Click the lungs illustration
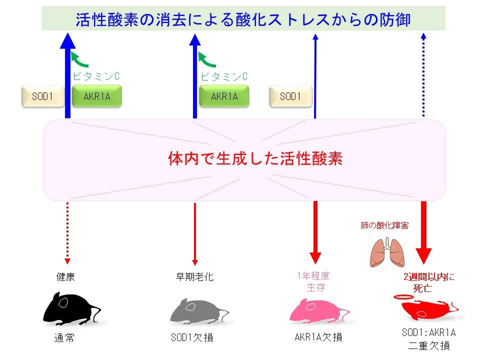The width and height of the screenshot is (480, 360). coord(385,252)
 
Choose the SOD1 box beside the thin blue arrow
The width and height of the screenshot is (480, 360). coord(290,96)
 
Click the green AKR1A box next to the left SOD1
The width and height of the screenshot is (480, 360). coord(97,96)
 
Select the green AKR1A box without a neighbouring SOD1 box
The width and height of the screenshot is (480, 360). coord(223,96)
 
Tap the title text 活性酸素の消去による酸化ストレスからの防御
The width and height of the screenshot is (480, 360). coord(243,19)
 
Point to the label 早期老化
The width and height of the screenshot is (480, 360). coord(194,277)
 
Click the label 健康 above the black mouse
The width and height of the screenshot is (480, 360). coord(65,277)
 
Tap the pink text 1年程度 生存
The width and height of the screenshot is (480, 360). coord(314,282)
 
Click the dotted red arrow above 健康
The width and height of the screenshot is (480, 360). coord(67,232)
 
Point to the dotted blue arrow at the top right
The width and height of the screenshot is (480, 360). coord(423,75)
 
